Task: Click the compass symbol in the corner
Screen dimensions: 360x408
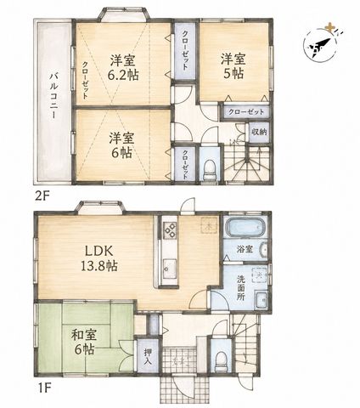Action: pyautogui.click(x=321, y=42)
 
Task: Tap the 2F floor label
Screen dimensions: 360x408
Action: pyautogui.click(x=42, y=196)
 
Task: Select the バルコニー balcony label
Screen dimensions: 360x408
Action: pyautogui.click(x=54, y=97)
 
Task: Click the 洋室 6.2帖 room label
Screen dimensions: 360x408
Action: pyautogui.click(x=123, y=67)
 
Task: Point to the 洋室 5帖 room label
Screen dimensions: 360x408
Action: pyautogui.click(x=233, y=66)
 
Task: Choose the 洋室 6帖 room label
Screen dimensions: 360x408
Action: pyautogui.click(x=121, y=145)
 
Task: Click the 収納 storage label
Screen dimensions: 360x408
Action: pyautogui.click(x=259, y=132)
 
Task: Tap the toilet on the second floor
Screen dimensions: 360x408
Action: pyautogui.click(x=210, y=169)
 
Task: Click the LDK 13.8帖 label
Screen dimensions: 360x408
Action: pyautogui.click(x=99, y=258)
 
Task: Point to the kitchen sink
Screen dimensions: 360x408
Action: pyautogui.click(x=170, y=269)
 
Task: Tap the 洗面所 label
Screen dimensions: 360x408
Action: pyautogui.click(x=241, y=288)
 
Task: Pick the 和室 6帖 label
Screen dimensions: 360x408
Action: pyautogui.click(x=84, y=343)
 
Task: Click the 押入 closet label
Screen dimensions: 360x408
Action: pyautogui.click(x=148, y=356)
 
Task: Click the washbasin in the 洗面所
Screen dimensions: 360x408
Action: pyautogui.click(x=261, y=301)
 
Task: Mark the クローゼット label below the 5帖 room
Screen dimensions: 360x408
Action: pyautogui.click(x=245, y=111)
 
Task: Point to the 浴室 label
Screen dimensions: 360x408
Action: pyautogui.click(x=245, y=249)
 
